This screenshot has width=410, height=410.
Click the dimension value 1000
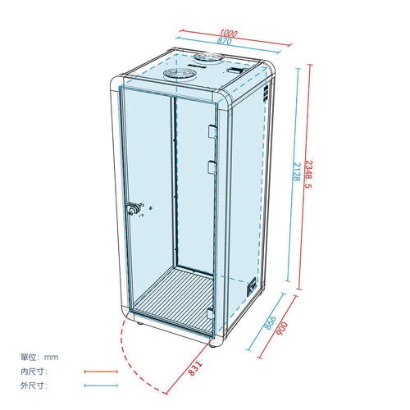click(x=228, y=34)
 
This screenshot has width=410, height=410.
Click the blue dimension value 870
click(x=225, y=41)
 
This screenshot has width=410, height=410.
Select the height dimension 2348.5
click(x=308, y=174)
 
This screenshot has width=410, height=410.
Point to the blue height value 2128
click(x=297, y=171)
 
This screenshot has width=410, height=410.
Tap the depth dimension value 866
click(x=271, y=323)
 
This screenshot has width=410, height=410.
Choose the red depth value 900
click(x=282, y=328)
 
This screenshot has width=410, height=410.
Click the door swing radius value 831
click(x=196, y=368)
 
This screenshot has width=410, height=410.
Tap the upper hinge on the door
click(x=212, y=132)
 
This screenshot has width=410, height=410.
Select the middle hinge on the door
click(x=212, y=167)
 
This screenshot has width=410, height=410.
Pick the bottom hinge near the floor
click(x=210, y=313)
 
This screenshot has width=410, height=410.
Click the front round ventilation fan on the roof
click(x=180, y=74)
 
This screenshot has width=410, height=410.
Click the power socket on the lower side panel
click(x=252, y=287)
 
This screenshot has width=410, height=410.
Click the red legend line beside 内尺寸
click(x=101, y=371)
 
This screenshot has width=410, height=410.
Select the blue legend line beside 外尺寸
click(x=101, y=385)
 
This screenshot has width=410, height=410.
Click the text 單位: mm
click(x=39, y=357)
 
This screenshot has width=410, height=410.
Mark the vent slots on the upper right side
click(x=266, y=93)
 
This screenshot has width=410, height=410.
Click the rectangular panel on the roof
click(x=235, y=71)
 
